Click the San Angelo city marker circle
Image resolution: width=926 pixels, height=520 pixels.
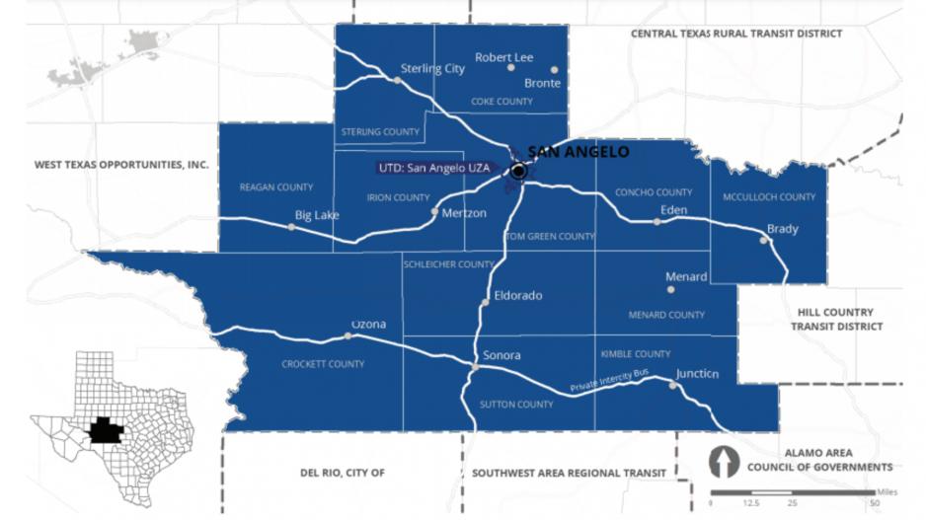(x=518, y=171)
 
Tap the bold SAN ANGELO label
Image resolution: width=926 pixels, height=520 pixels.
(x=578, y=152)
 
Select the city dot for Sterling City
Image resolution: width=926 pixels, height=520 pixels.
(x=399, y=81)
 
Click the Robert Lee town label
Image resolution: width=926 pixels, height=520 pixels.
(x=503, y=57)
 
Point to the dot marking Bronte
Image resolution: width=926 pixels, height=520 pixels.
(x=554, y=70)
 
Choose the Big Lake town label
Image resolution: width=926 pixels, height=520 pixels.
(x=317, y=214)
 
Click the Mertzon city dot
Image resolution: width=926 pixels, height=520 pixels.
(x=434, y=211)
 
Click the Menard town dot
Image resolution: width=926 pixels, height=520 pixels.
(x=671, y=290)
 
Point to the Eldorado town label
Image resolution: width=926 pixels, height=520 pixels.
(x=517, y=295)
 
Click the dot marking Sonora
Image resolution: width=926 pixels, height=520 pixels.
(x=475, y=368)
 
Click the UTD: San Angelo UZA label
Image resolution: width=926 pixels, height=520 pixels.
(x=433, y=168)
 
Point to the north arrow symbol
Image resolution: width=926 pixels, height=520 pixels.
(x=726, y=462)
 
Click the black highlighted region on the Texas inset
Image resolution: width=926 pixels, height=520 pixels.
(x=103, y=430)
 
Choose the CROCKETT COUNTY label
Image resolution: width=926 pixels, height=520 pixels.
(x=323, y=364)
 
